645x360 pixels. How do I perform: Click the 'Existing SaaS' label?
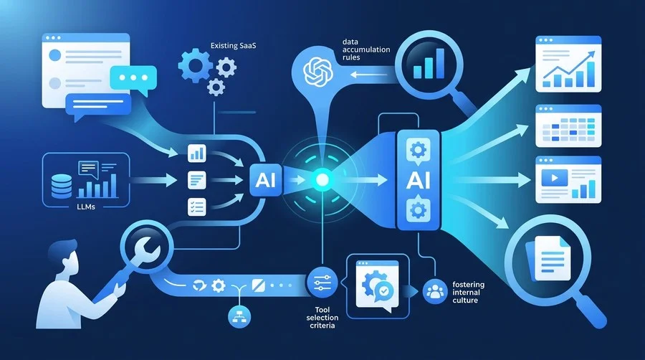pyautogui.click(x=233, y=46)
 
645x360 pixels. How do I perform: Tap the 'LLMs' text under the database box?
pyautogui.click(x=86, y=207)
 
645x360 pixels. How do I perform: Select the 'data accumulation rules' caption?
pyautogui.click(x=366, y=49)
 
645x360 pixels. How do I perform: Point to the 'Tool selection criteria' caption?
pyautogui.click(x=322, y=317)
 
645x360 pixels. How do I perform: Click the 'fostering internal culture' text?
pyautogui.click(x=469, y=292)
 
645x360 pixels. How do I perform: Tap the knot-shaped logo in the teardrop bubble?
pyautogui.click(x=317, y=72)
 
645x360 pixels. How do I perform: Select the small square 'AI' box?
pyautogui.click(x=266, y=180)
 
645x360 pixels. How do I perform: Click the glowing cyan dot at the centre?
pyautogui.click(x=322, y=180)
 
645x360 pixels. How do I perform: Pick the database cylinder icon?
pyautogui.click(x=62, y=186)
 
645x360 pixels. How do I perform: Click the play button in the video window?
pyautogui.click(x=555, y=178)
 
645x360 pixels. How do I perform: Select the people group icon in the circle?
pyautogui.click(x=435, y=291)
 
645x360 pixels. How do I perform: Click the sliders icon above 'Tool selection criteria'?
pyautogui.click(x=322, y=283)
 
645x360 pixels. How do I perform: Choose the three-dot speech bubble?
pyautogui.click(x=134, y=77)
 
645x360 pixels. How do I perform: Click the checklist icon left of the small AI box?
pyautogui.click(x=196, y=207)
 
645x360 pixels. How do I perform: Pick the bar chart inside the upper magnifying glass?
pyautogui.click(x=429, y=64)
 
